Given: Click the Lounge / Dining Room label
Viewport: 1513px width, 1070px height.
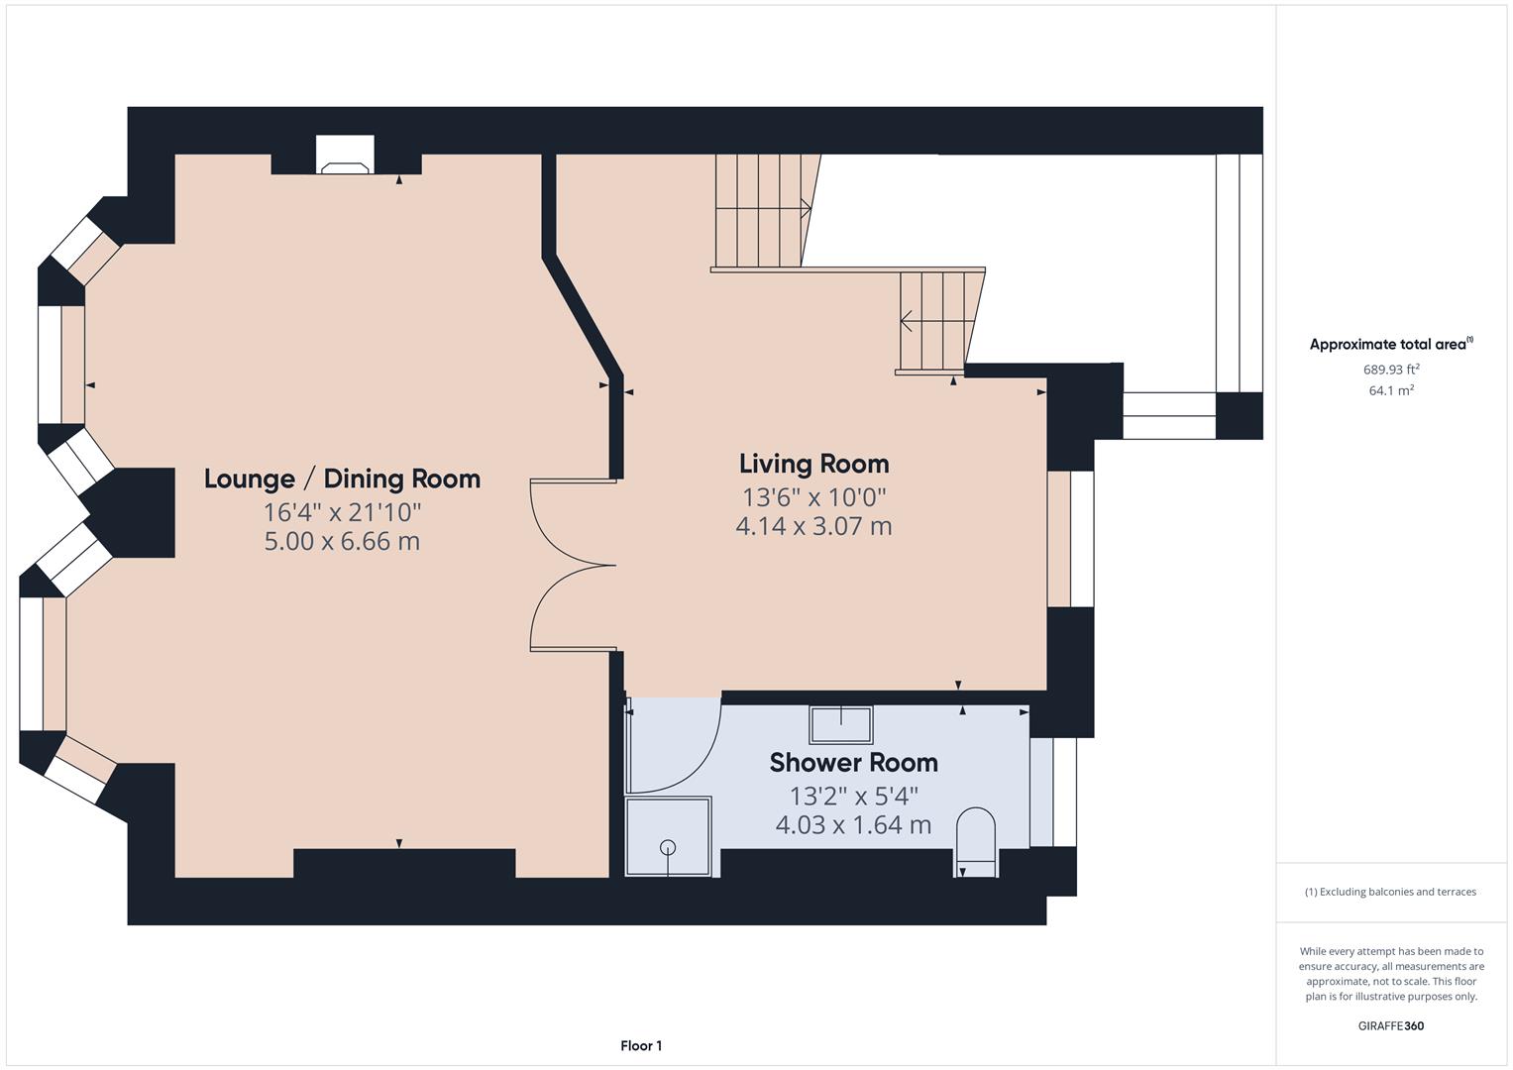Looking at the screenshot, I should (x=342, y=479).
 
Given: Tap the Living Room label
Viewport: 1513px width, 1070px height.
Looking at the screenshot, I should (x=813, y=464).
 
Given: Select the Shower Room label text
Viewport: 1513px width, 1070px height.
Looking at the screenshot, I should (x=853, y=762).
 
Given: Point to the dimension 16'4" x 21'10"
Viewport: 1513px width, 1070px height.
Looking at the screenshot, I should (x=342, y=512).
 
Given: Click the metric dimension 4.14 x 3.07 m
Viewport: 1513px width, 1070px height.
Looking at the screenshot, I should (x=813, y=526).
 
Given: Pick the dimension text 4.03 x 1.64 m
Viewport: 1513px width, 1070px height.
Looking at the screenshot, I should (x=853, y=824).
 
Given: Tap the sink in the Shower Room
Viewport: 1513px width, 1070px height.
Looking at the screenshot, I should (x=841, y=724).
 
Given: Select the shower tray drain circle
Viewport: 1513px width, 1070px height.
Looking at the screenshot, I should (x=668, y=847).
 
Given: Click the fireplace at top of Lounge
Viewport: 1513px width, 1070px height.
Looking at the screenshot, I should (x=345, y=157).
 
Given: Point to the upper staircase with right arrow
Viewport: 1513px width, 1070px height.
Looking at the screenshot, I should (x=764, y=210).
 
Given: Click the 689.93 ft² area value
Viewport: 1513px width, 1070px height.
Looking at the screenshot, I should (x=1391, y=370).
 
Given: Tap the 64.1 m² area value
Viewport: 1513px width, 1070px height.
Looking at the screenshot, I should (x=1391, y=390).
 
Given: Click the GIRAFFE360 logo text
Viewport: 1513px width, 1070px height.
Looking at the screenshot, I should (x=1390, y=1025).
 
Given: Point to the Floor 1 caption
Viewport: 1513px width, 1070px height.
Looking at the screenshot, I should (x=641, y=1045).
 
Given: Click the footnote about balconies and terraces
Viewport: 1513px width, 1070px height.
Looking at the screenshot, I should (x=1390, y=892).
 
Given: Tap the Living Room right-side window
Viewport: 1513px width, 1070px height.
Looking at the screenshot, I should (x=1070, y=538).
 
